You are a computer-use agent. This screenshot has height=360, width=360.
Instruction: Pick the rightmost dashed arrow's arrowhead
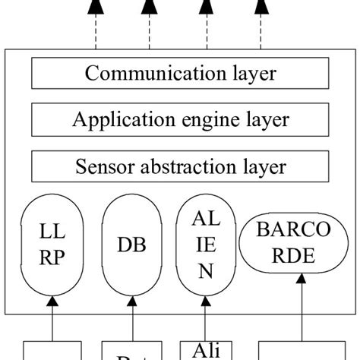point(262,8)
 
